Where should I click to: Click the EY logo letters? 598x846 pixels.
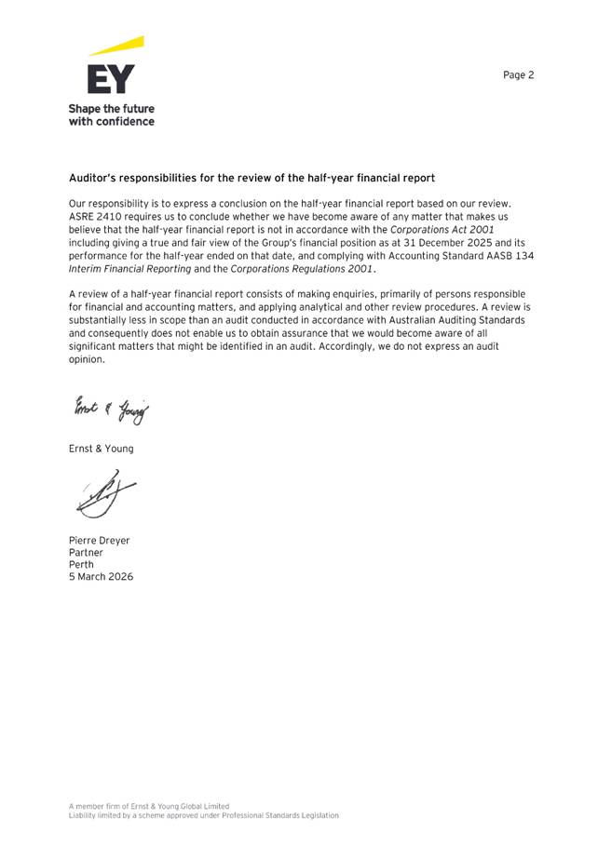pyautogui.click(x=111, y=78)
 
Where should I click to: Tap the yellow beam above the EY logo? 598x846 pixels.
pyautogui.click(x=118, y=46)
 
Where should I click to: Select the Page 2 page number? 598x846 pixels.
pyautogui.click(x=518, y=75)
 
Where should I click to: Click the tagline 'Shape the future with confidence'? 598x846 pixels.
pyautogui.click(x=112, y=114)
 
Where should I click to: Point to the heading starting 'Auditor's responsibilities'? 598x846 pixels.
pyautogui.click(x=251, y=177)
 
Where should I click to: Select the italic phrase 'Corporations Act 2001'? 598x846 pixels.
pyautogui.click(x=442, y=229)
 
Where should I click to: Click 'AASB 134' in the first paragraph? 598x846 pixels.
pyautogui.click(x=508, y=255)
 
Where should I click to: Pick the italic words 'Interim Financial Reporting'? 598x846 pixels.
pyautogui.click(x=129, y=268)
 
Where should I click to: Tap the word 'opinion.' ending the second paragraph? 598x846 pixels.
pyautogui.click(x=88, y=358)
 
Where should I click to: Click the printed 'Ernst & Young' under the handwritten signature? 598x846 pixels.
pyautogui.click(x=101, y=449)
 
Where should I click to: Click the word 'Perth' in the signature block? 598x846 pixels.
pyautogui.click(x=82, y=564)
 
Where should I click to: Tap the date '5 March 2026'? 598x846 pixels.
pyautogui.click(x=101, y=577)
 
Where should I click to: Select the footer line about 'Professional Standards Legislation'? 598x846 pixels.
pyautogui.click(x=203, y=815)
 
